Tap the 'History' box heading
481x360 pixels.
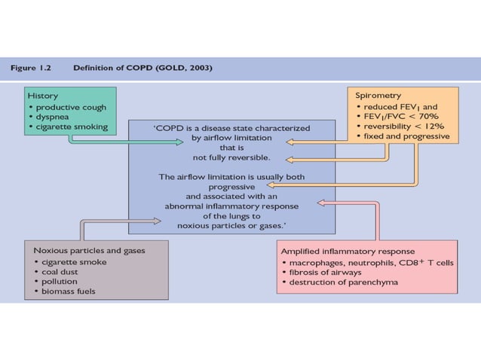click(x=42, y=96)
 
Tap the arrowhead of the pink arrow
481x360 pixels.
click(x=320, y=202)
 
